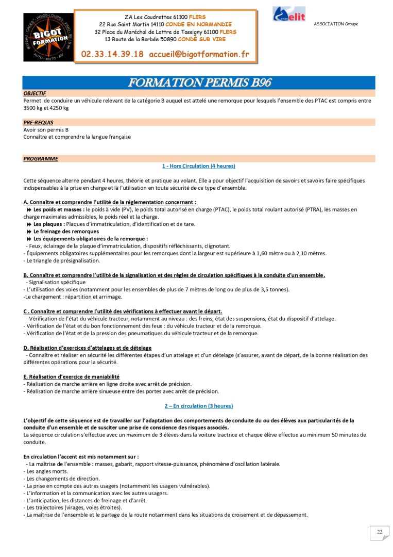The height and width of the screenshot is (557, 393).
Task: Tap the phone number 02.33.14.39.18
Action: click(x=112, y=54)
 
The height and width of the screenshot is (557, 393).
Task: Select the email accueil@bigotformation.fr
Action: click(x=199, y=54)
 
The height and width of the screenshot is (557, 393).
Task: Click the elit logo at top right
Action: click(x=289, y=14)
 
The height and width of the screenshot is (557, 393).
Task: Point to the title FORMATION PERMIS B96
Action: click(x=199, y=83)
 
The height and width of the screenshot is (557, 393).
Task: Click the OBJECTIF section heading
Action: click(x=35, y=94)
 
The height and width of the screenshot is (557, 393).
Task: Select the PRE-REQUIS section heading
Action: click(x=38, y=123)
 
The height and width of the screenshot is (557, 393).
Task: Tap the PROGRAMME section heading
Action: click(x=41, y=159)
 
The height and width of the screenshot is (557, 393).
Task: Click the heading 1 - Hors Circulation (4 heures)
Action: click(x=198, y=166)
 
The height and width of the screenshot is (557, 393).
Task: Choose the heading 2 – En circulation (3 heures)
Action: click(x=198, y=406)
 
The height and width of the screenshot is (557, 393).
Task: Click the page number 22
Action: click(x=380, y=532)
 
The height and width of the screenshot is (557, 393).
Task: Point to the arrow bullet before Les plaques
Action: click(x=29, y=224)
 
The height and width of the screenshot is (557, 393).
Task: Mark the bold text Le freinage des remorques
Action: click(x=66, y=232)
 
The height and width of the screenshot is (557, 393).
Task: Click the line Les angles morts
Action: click(x=45, y=471)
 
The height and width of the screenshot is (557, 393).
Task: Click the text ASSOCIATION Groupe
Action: click(x=336, y=24)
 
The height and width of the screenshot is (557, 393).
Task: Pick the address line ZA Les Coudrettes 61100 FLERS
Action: click(x=165, y=17)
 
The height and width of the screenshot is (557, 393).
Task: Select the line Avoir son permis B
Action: click(x=46, y=130)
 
